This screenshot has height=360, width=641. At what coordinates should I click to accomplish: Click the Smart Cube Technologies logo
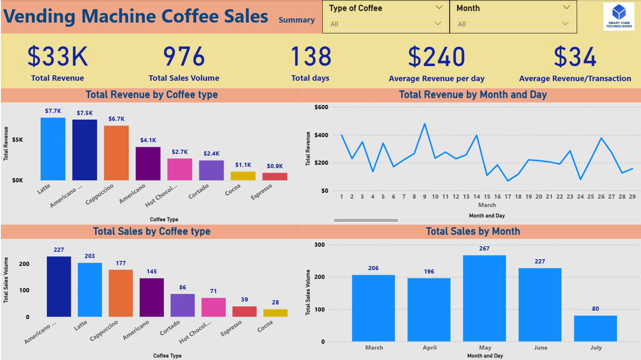click(618, 16)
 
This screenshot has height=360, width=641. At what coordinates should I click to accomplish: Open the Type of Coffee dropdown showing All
click(386, 24)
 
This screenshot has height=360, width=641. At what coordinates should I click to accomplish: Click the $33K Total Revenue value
click(58, 57)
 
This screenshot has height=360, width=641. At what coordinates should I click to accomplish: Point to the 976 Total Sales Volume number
click(184, 57)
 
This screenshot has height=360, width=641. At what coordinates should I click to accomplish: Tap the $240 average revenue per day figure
click(436, 57)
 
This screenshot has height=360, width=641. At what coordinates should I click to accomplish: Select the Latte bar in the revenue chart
click(53, 149)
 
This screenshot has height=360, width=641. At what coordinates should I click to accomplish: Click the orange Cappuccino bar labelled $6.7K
click(116, 153)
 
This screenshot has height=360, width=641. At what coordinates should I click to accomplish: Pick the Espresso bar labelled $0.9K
click(275, 177)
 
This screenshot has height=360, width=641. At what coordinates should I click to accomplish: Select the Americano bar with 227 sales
click(59, 287)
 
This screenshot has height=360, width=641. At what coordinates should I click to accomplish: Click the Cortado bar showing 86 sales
click(183, 305)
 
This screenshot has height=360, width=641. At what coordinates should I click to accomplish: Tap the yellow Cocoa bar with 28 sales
click(275, 313)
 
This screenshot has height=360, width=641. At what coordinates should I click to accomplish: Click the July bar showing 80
click(595, 328)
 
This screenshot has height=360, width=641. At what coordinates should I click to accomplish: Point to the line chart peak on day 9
click(425, 124)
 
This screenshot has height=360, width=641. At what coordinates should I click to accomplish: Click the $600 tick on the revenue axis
click(321, 107)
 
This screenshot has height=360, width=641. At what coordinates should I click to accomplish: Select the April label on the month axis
click(430, 347)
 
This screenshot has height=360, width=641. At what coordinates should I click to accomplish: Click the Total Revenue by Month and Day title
click(473, 95)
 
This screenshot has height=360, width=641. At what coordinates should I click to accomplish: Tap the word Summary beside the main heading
click(296, 20)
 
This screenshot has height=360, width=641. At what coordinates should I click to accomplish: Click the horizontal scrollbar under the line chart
click(366, 220)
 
